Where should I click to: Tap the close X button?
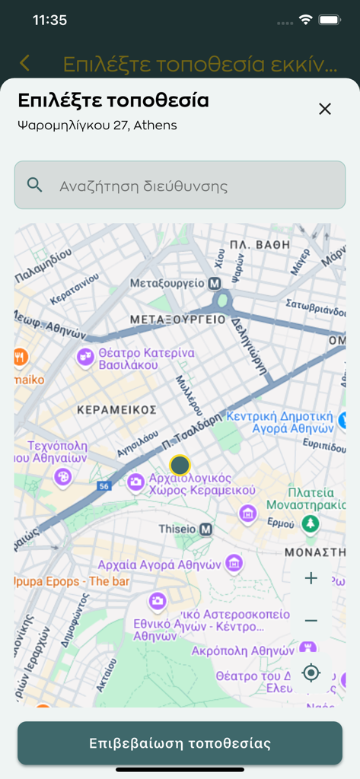click(x=325, y=109)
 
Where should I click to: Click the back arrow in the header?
click(x=25, y=63)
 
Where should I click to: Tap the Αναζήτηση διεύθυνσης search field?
click(x=180, y=185)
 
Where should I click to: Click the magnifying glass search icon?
click(x=34, y=184)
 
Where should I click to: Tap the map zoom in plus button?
click(x=311, y=579)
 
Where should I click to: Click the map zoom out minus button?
click(x=311, y=621)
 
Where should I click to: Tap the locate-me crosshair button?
click(x=311, y=672)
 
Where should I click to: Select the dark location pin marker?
click(x=180, y=465)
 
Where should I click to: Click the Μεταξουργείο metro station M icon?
click(x=215, y=283)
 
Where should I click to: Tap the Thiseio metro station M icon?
click(x=205, y=529)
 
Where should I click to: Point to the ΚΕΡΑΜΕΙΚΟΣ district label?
click(x=116, y=410)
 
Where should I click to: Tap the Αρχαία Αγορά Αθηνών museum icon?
click(x=234, y=564)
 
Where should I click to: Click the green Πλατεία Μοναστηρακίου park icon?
click(x=310, y=524)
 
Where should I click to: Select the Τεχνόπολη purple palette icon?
click(x=63, y=476)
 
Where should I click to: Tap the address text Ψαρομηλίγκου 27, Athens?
click(x=97, y=126)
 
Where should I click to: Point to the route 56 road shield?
click(x=104, y=485)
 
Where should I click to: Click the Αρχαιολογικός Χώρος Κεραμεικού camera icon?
click(x=136, y=481)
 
